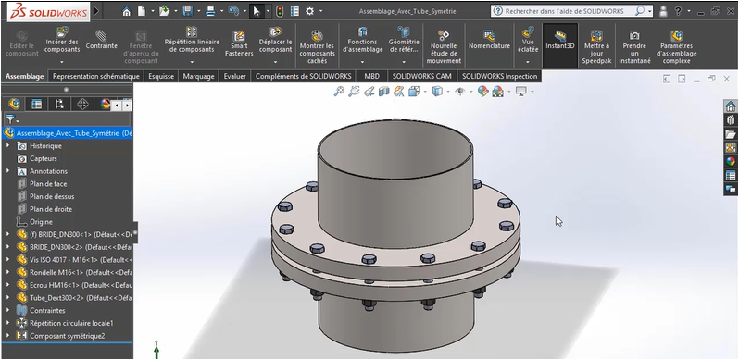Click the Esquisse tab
(161, 77)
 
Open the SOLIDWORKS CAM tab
(422, 77)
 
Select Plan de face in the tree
(48, 184)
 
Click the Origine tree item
(42, 222)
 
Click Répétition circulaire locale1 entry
(71, 323)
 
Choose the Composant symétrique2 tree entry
(68, 335)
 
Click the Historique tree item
(45, 146)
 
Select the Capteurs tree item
(44, 159)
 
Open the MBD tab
(371, 77)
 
